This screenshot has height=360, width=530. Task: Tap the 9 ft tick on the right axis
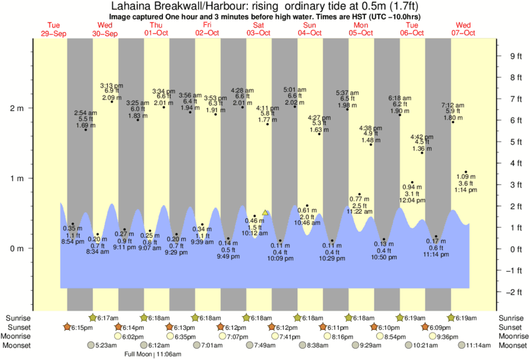point(515,56)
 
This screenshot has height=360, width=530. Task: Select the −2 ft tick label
point(515,292)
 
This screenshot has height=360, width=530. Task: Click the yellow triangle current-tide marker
point(265,212)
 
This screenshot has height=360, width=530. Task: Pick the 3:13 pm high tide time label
point(111,85)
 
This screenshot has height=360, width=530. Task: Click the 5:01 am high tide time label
point(295,89)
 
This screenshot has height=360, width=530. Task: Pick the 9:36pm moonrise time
point(444,337)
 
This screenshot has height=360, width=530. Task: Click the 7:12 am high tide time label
point(453,105)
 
